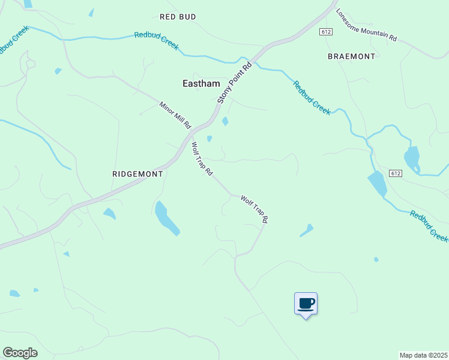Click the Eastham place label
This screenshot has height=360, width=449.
pos(201,84)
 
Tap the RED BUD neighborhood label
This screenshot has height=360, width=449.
pos(178,17)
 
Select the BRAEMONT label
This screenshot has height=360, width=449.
pos(351,56)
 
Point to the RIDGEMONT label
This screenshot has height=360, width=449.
pos(138,173)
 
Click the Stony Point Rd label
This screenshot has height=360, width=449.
pos(233,82)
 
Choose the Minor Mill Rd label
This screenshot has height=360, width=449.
pos(175,115)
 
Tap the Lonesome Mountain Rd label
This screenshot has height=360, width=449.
pos(367,25)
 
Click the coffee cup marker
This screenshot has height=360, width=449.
pos(306,304)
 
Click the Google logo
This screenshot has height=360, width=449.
pos(20,353)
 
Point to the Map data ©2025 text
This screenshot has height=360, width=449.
pos(423,355)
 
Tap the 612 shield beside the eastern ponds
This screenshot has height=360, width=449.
pos(394,173)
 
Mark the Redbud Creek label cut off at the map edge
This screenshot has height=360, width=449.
pos(429,226)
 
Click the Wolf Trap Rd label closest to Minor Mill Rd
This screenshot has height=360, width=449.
pos(202,158)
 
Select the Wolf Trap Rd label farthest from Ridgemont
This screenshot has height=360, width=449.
pos(253,209)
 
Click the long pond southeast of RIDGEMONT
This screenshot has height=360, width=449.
pos(166,218)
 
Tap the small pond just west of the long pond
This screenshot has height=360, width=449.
pos(109,213)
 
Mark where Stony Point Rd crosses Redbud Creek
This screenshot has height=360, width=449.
pos(254,60)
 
